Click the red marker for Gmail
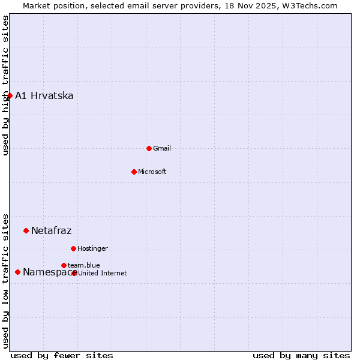coord(149,148)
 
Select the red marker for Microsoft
coord(134,172)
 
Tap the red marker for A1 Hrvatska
coord(10,95)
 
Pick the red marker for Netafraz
coord(26,230)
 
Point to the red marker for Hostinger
coord(73,248)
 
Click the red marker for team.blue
coord(64,265)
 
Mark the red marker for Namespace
coord(17,272)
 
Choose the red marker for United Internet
coord(74,273)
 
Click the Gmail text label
coord(162,148)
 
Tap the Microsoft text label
coord(152,172)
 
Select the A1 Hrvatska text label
coord(44,95)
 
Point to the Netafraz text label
coord(52,230)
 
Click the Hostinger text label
coord(93,248)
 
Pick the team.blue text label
coord(84,265)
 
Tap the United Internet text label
coord(103,273)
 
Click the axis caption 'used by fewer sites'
coord(62,355)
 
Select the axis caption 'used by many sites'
coord(301,355)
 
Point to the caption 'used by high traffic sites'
coord(5,85)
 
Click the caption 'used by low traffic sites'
coord(5,280)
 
